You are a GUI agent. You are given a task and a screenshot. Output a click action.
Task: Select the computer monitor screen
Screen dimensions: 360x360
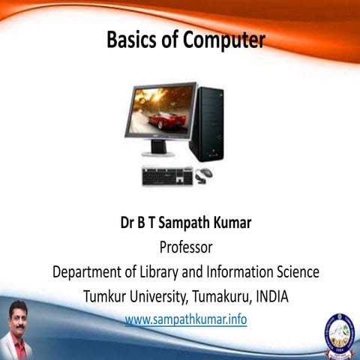(x=160, y=113)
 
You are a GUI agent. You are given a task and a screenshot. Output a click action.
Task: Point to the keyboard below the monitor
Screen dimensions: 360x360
(x=167, y=176)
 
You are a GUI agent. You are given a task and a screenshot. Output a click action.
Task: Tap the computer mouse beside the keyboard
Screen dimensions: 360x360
(x=204, y=173)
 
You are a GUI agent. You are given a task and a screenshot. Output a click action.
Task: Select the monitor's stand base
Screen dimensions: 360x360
(x=158, y=152)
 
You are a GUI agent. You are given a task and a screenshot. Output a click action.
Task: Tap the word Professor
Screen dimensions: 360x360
(x=185, y=247)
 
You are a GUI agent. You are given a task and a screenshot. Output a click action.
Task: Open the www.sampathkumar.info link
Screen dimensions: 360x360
(x=185, y=320)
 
